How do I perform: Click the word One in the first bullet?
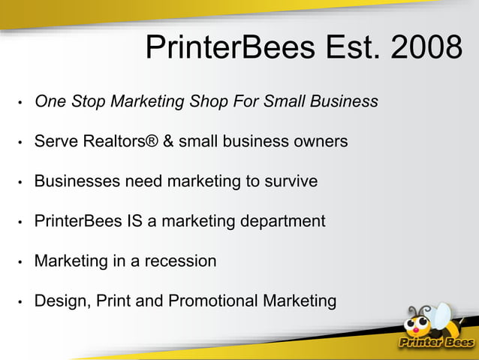click(50, 101)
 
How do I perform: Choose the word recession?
click(180, 262)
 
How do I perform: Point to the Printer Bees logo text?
click(435, 343)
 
